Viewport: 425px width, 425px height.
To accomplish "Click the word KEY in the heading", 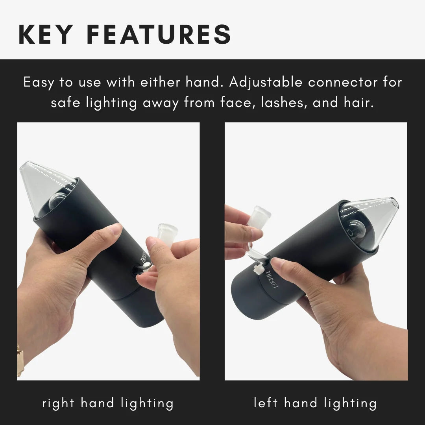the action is pyautogui.click(x=46, y=34).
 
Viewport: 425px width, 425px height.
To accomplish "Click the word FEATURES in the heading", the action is pyautogui.click(x=159, y=34).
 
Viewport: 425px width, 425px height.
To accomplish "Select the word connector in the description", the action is pyautogui.click(x=343, y=82).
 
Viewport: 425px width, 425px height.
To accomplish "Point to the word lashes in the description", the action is pyautogui.click(x=284, y=102).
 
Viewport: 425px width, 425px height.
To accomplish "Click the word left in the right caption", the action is pyautogui.click(x=266, y=403).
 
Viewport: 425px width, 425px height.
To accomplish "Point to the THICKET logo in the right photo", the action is pyautogui.click(x=272, y=279).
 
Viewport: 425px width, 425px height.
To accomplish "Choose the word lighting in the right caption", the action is pyautogui.click(x=350, y=403).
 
